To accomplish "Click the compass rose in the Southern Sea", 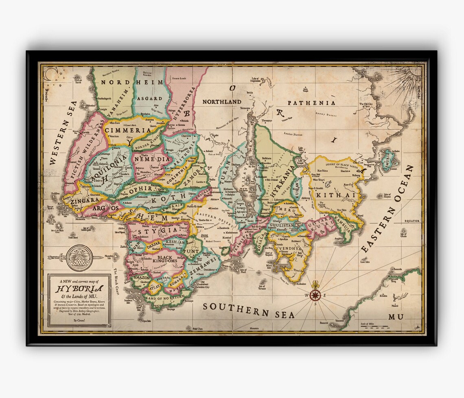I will click(x=315, y=295).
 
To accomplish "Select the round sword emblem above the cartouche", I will click(x=79, y=257).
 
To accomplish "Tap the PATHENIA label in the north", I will click(x=311, y=103).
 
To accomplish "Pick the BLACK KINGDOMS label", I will click(x=161, y=260).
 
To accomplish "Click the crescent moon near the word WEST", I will click(x=50, y=74).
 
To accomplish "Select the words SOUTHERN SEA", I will click(x=248, y=311).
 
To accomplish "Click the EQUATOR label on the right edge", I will click(x=411, y=221).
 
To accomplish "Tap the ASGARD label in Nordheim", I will click(x=150, y=98).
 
